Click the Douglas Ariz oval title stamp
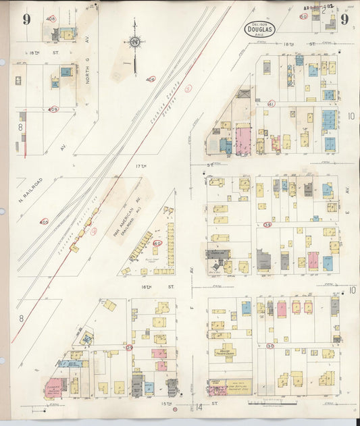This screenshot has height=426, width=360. [x=260, y=30]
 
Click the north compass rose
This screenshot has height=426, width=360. [x=135, y=44]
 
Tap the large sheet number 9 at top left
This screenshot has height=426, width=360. [x=26, y=19]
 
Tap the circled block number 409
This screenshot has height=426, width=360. [x=53, y=109]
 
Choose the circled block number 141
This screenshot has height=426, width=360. [x=270, y=104]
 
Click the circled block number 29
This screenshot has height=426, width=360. [x=128, y=347]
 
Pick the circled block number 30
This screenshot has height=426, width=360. [x=270, y=346]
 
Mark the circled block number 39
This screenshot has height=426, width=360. [x=267, y=225]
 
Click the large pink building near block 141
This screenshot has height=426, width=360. [x=242, y=141]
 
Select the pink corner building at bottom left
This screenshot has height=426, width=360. [x=53, y=388]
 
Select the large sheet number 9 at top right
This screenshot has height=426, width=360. [x=344, y=19]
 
